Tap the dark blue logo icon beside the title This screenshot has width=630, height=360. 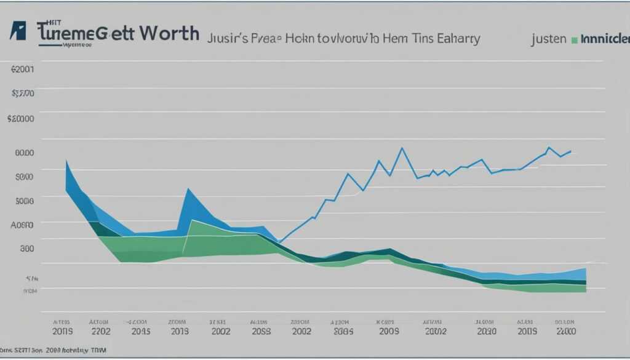(x=18, y=31)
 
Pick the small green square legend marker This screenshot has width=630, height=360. (x=574, y=40)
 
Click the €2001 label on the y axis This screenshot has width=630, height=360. (x=23, y=70)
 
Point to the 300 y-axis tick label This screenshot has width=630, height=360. (x=26, y=249)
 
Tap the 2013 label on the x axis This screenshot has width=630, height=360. (x=179, y=330)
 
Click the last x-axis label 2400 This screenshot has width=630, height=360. (x=565, y=330)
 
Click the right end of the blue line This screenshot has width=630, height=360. (x=571, y=151)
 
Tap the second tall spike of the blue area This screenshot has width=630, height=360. (x=188, y=188)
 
